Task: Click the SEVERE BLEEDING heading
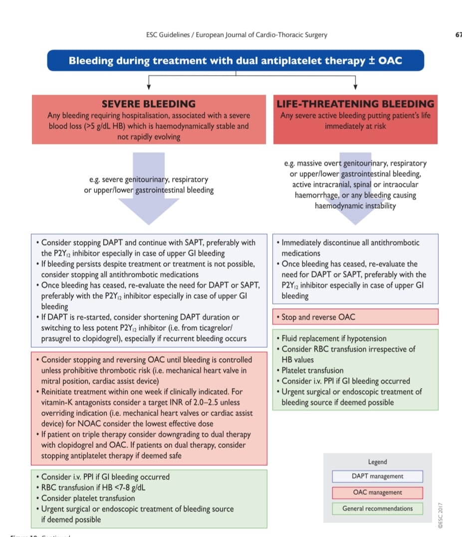tap(149, 104)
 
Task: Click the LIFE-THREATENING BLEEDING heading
tap(355, 104)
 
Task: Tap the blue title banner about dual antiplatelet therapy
tap(235, 61)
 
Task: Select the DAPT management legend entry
tap(377, 476)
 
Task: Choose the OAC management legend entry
tap(377, 493)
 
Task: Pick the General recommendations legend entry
tap(377, 509)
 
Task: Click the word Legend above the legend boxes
tap(378, 462)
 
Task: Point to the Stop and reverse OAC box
tap(355, 317)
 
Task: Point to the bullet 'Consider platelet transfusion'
tap(88, 498)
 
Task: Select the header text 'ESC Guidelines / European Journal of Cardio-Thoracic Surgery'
tap(237, 35)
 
